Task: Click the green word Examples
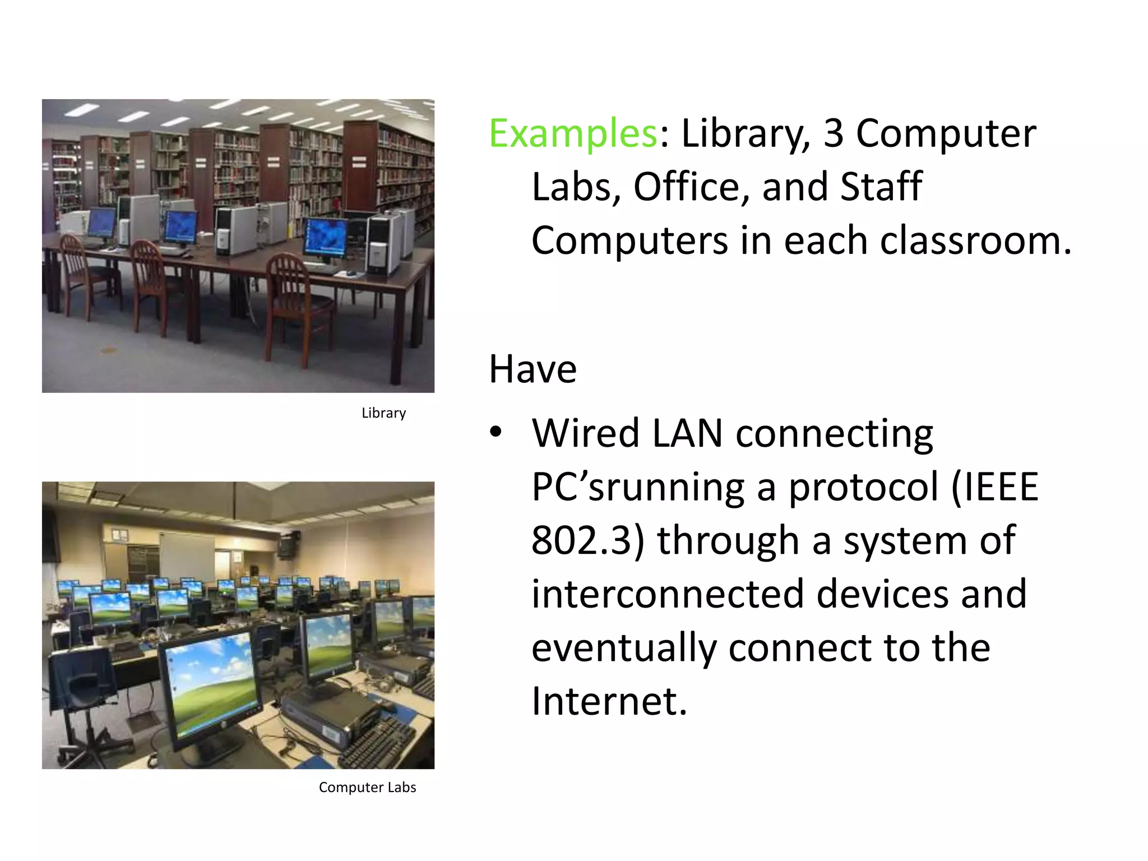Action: coord(572,134)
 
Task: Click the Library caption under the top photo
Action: coord(383,413)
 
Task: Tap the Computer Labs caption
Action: coord(367,787)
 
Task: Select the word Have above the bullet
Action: coord(533,369)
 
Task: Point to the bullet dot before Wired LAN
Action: coord(495,433)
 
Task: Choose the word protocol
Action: coord(863,487)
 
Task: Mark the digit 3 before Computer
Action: coord(833,134)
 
